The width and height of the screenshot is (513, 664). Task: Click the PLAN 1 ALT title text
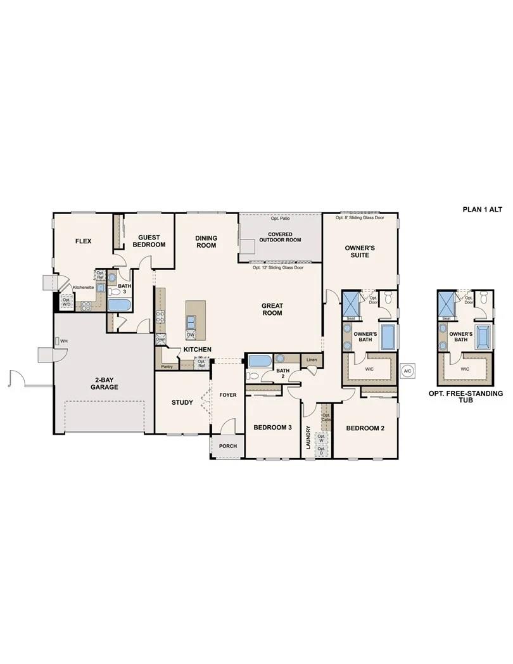pyautogui.click(x=483, y=209)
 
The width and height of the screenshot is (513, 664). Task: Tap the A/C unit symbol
pyautogui.click(x=408, y=371)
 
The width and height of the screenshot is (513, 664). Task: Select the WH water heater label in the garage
pyautogui.click(x=64, y=342)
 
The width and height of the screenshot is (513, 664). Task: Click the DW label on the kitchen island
pyautogui.click(x=190, y=335)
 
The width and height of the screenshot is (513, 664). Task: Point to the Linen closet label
pyautogui.click(x=311, y=360)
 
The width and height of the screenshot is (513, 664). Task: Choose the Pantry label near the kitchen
pyautogui.click(x=167, y=366)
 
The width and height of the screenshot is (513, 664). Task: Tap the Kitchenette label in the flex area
pyautogui.click(x=83, y=288)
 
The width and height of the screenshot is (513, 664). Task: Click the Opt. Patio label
pyautogui.click(x=280, y=219)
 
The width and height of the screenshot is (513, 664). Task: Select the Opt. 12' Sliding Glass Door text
pyautogui.click(x=278, y=267)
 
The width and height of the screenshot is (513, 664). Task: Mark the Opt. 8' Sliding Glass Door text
pyautogui.click(x=360, y=217)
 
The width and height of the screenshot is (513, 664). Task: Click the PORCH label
pyautogui.click(x=227, y=446)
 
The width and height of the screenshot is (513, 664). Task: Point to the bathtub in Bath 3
pyautogui.click(x=119, y=305)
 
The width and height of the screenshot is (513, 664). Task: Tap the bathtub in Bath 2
pyautogui.click(x=260, y=361)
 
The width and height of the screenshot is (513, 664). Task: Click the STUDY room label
pyautogui.click(x=182, y=402)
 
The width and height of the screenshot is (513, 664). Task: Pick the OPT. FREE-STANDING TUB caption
pyautogui.click(x=465, y=397)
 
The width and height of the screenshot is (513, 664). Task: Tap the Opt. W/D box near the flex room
pyautogui.click(x=66, y=302)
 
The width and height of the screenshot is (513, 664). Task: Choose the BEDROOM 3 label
pyautogui.click(x=272, y=428)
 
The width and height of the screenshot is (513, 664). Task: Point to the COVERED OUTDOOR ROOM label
pyautogui.click(x=280, y=237)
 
